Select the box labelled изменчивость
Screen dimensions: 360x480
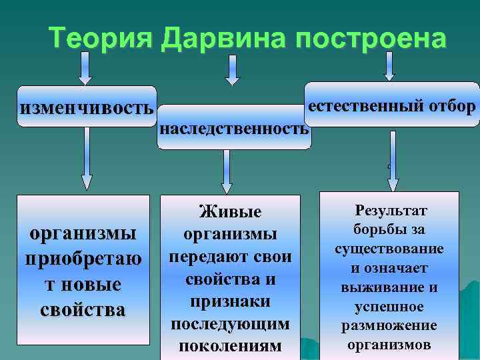click(87, 107)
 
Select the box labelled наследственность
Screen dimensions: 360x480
click(234, 128)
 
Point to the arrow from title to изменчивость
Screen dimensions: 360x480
click(85, 68)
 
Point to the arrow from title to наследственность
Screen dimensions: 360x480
click(231, 69)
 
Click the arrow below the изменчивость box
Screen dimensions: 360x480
click(86, 160)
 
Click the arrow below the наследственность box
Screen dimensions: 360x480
click(227, 171)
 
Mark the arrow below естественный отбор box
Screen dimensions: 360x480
click(393, 161)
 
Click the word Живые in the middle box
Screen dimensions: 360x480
click(230, 212)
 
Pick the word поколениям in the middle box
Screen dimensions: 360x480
click(230, 347)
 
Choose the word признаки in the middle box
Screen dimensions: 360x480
click(230, 302)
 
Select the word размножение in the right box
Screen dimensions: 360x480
click(389, 325)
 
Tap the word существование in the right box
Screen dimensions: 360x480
click(390, 249)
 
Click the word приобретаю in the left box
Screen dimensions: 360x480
click(83, 259)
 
